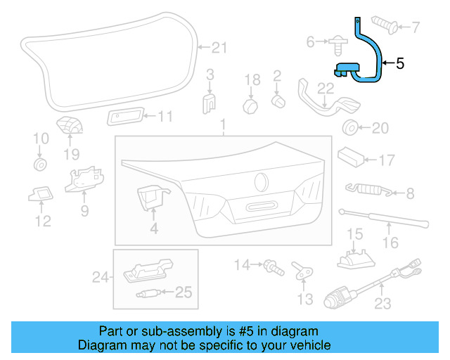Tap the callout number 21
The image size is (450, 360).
pos(220,48)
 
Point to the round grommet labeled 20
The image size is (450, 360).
pos(349,128)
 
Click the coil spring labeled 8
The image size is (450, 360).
pos(366,188)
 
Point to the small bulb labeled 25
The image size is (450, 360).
pos(149,292)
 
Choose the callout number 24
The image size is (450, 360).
pos(101,278)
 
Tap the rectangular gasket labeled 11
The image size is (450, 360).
pos(126,117)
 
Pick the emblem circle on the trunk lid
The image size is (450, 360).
pos(261,181)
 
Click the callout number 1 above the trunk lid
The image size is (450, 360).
pos(223,126)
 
